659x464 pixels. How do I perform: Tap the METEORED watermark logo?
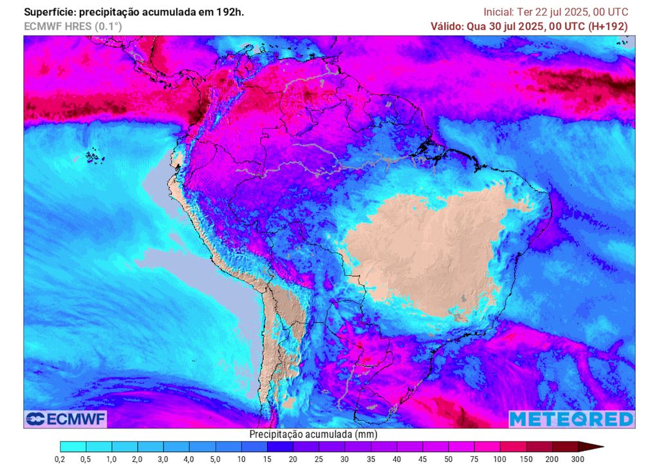click(x=571, y=419)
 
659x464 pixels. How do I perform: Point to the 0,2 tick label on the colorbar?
click(x=60, y=459)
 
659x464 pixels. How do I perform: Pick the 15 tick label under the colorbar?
click(x=267, y=459)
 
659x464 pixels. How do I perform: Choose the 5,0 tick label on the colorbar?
click(x=215, y=459)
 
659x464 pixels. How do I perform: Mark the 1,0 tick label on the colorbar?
click(x=112, y=459)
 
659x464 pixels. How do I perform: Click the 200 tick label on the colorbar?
click(x=552, y=459)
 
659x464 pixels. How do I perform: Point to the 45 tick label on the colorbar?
click(x=423, y=459)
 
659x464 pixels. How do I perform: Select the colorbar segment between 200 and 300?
click(x=565, y=446)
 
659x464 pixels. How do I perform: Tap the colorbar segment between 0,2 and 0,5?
click(x=73, y=446)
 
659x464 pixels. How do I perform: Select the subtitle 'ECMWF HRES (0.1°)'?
click(x=73, y=26)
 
